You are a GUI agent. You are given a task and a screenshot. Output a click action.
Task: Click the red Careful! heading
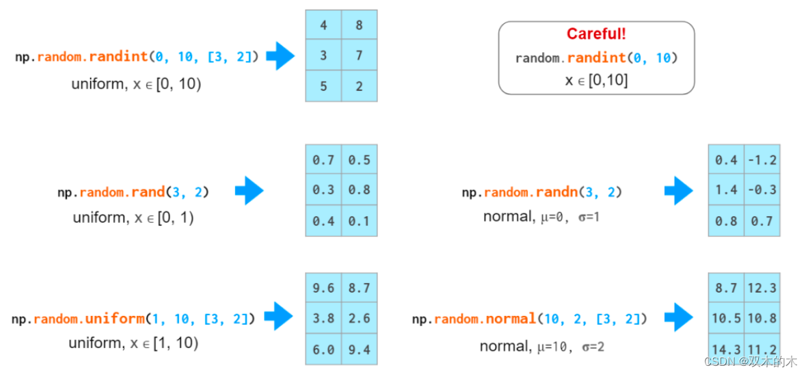click(x=596, y=34)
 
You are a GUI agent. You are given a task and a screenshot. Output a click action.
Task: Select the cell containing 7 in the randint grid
click(x=359, y=55)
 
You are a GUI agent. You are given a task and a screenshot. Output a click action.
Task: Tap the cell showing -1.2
click(x=762, y=160)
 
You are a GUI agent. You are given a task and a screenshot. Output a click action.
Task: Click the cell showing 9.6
click(x=323, y=289)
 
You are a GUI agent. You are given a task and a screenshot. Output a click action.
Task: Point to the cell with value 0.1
click(x=359, y=221)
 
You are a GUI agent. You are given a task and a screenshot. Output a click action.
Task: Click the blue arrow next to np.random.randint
click(x=280, y=56)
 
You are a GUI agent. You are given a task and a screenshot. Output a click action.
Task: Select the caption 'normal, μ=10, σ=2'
click(x=541, y=347)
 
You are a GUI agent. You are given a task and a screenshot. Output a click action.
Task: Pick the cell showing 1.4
click(x=726, y=190)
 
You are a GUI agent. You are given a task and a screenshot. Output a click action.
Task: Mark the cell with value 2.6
click(x=359, y=319)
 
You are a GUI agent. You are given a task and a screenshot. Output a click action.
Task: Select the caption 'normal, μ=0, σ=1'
click(x=541, y=217)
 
